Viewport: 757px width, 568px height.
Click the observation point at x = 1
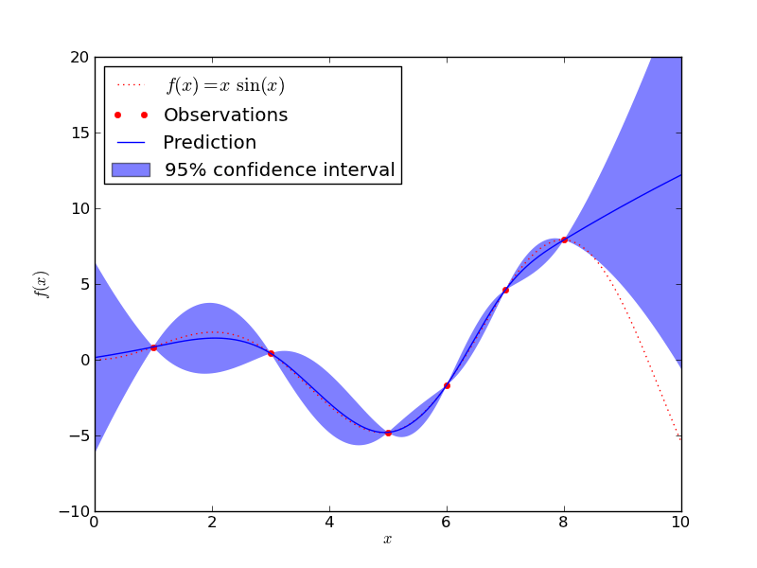[x=153, y=347]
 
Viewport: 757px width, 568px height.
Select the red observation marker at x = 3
[x=271, y=353]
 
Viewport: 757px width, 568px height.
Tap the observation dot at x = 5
[x=388, y=433]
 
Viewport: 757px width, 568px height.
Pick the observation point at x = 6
[x=447, y=385]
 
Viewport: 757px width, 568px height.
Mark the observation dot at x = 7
[x=505, y=290]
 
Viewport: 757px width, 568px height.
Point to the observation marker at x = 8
[x=564, y=240]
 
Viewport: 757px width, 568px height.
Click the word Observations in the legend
[x=225, y=115]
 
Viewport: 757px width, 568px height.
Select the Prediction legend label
[x=209, y=143]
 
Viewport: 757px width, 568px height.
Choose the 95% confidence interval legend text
[x=279, y=170]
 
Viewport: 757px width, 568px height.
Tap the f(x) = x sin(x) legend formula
[x=225, y=86]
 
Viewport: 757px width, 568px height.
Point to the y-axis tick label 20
[x=79, y=57]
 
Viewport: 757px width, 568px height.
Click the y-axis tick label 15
[x=79, y=133]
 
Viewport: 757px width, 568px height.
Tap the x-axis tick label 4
[x=329, y=522]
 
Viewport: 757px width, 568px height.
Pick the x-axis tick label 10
[x=681, y=522]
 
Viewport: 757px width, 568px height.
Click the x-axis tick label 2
[x=212, y=522]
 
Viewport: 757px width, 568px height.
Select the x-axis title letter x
[x=387, y=540]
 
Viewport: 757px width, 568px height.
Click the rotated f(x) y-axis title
[x=42, y=284]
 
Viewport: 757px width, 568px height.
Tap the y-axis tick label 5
[x=82, y=284]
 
